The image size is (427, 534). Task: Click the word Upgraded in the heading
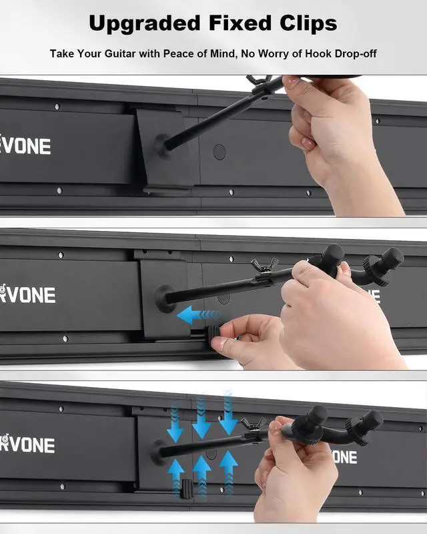pyautogui.click(x=145, y=24)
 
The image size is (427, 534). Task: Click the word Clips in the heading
pyautogui.click(x=308, y=23)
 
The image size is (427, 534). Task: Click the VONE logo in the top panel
pyautogui.click(x=25, y=146)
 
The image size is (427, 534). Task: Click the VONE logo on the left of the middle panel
pyautogui.click(x=27, y=294)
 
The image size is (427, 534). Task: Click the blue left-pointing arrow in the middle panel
pyautogui.click(x=197, y=314)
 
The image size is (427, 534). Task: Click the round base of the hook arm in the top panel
pyautogui.click(x=162, y=146)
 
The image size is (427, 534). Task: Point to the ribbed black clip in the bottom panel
pyautogui.click(x=186, y=489)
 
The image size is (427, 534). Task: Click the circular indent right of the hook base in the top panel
pyautogui.click(x=220, y=152)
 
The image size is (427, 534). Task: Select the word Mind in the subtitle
pyautogui.click(x=226, y=53)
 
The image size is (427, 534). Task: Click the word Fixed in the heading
pyautogui.click(x=240, y=23)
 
